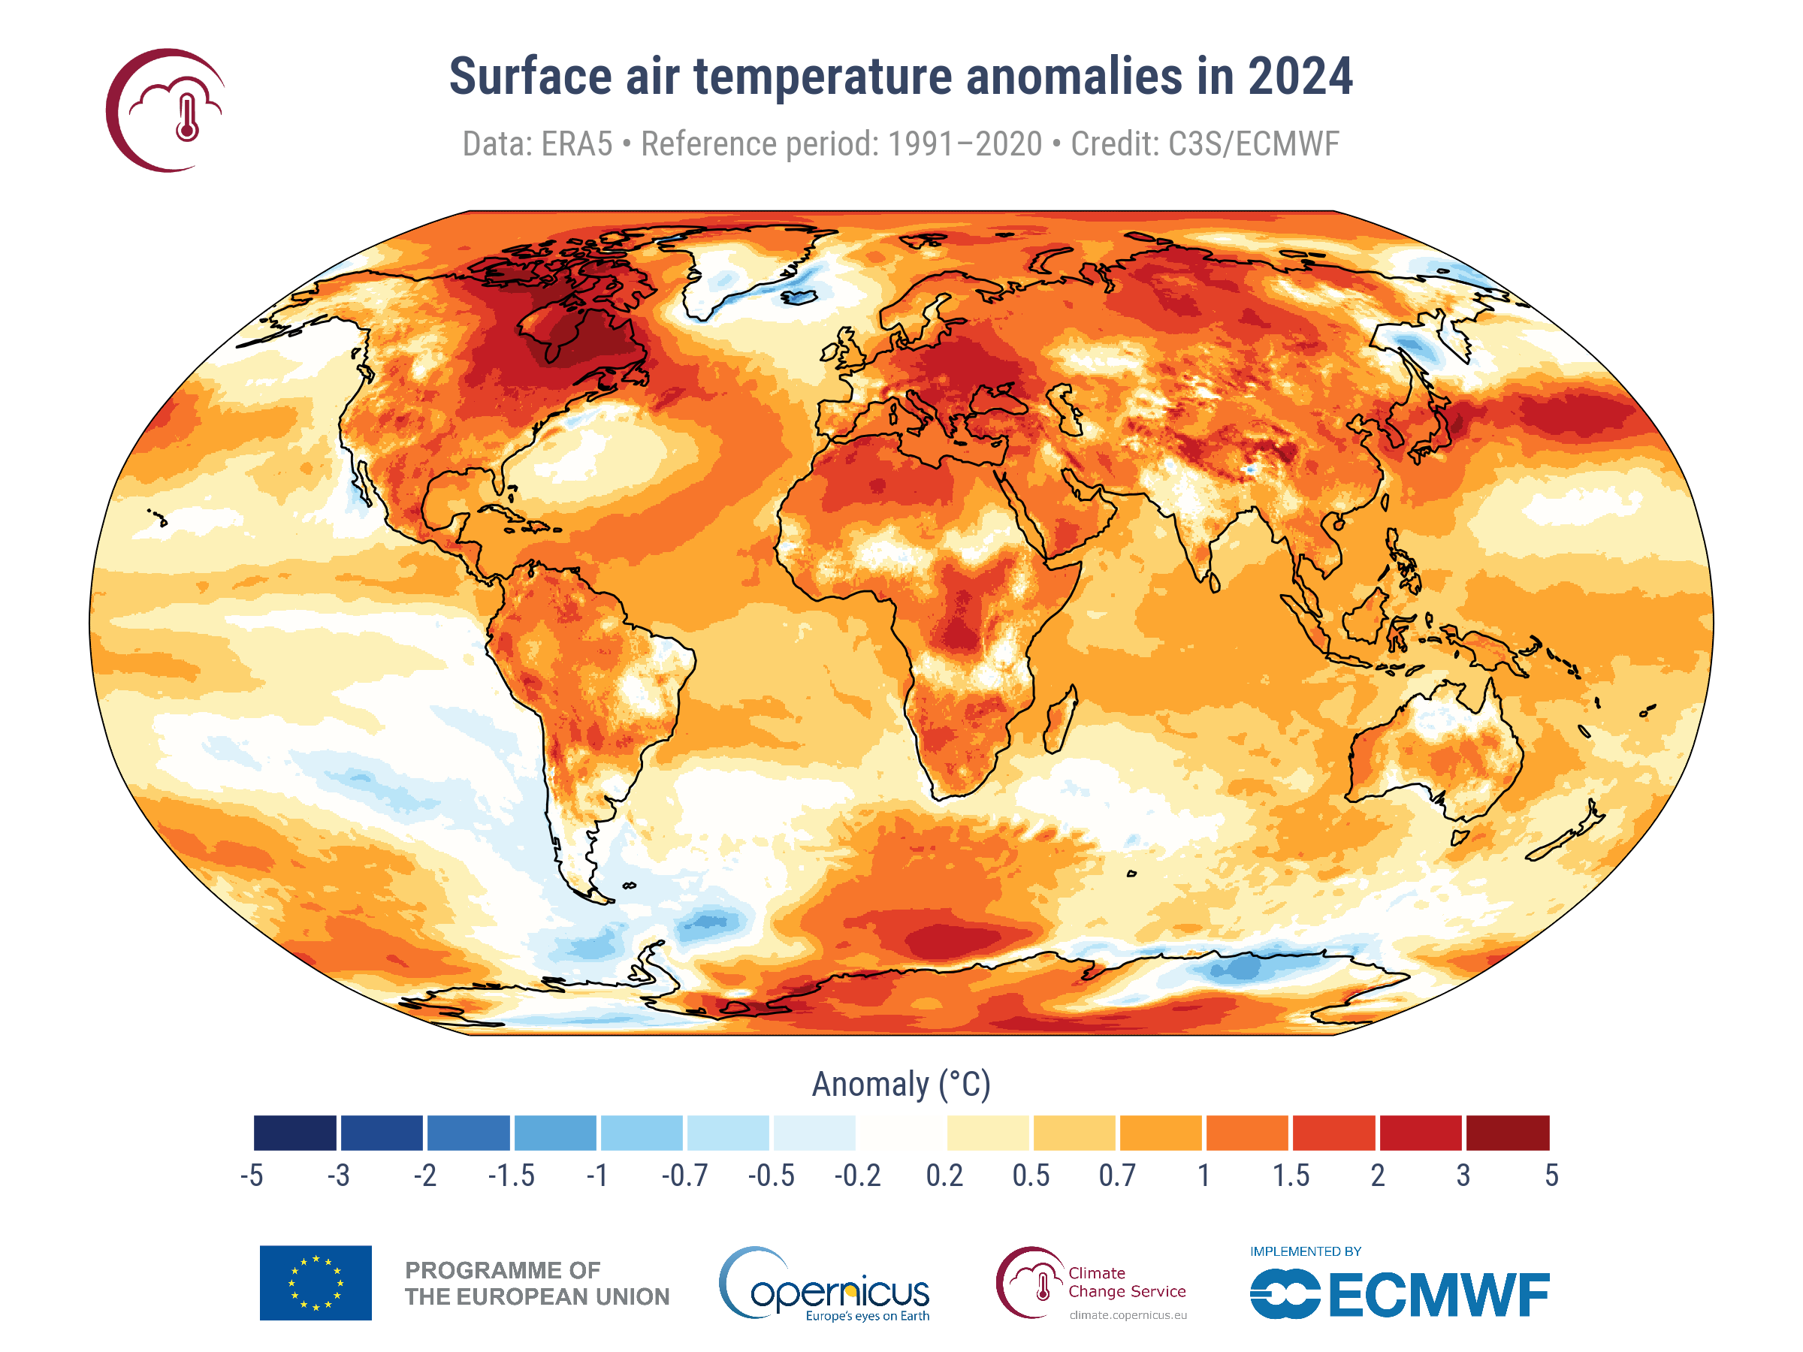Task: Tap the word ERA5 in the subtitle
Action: point(576,144)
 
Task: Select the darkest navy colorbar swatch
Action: point(295,1132)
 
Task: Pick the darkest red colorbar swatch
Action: point(1507,1132)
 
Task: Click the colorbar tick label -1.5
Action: point(511,1176)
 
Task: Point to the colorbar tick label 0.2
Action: point(944,1176)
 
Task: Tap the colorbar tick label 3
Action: point(1463,1176)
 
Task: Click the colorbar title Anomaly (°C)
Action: point(901,1085)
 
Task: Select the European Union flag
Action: point(316,1283)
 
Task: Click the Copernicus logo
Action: point(823,1284)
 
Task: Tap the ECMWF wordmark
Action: point(1439,1295)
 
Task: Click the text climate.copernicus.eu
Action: point(1128,1315)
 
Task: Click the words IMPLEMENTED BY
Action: point(1305,1251)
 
